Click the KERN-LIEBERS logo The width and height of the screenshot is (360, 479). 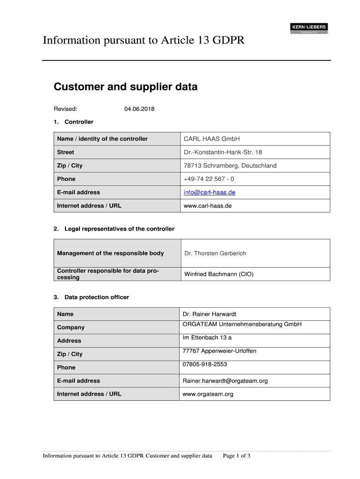(x=309, y=28)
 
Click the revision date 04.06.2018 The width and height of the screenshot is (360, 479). (x=139, y=109)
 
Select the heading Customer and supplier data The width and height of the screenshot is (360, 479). (x=125, y=87)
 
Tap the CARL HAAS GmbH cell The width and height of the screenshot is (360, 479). (x=211, y=139)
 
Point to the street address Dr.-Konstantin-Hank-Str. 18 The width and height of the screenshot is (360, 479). (x=223, y=152)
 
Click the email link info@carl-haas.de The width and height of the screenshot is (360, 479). (x=209, y=192)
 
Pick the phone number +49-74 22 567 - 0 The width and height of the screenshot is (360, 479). (x=209, y=179)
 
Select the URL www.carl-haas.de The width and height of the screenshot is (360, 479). (x=208, y=205)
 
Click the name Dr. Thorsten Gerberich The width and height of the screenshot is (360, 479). (x=215, y=253)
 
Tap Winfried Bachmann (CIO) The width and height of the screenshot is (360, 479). (x=218, y=274)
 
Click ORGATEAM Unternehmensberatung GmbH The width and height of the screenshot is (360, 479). (x=242, y=324)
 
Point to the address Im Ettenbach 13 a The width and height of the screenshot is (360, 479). (x=207, y=337)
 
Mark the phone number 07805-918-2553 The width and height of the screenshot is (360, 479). (x=205, y=364)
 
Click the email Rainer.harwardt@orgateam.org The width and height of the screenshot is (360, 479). (x=225, y=381)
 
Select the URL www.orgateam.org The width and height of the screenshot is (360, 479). (x=208, y=394)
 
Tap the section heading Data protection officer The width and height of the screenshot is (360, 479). (x=96, y=297)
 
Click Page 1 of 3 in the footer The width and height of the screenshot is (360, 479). (x=237, y=456)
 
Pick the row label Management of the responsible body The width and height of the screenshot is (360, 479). (x=110, y=253)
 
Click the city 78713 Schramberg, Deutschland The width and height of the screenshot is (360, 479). (x=230, y=166)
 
